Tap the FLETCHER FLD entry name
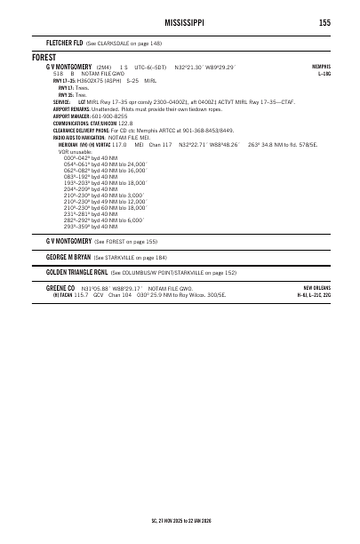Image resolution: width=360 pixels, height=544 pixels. coord(64,43)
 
